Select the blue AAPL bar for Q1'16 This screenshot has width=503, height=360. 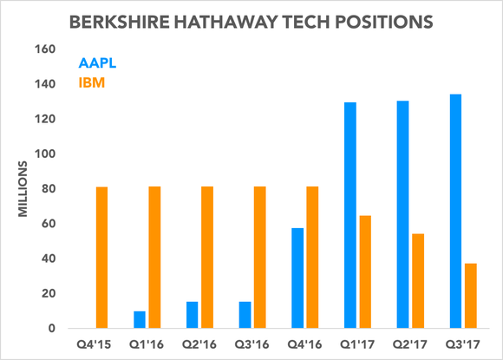[x=140, y=319]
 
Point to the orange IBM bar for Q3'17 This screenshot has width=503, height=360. [x=471, y=296]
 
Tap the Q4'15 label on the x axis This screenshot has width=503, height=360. [x=94, y=345]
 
